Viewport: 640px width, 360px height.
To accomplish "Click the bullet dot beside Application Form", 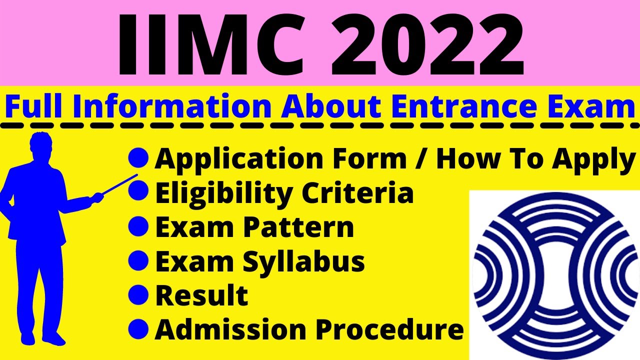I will [138, 158].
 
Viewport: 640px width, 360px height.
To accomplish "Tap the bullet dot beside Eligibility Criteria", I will [138, 192].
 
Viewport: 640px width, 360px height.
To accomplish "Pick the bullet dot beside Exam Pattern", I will [138, 226].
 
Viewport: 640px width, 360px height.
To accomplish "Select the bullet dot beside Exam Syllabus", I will [138, 260].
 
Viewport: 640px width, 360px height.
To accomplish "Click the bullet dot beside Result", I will [138, 294].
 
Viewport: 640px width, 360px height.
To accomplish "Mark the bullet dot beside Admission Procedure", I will [138, 328].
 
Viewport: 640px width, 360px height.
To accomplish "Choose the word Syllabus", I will [304, 261].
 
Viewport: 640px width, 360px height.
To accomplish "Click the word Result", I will [201, 295].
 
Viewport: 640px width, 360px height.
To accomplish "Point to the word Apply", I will [593, 160].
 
